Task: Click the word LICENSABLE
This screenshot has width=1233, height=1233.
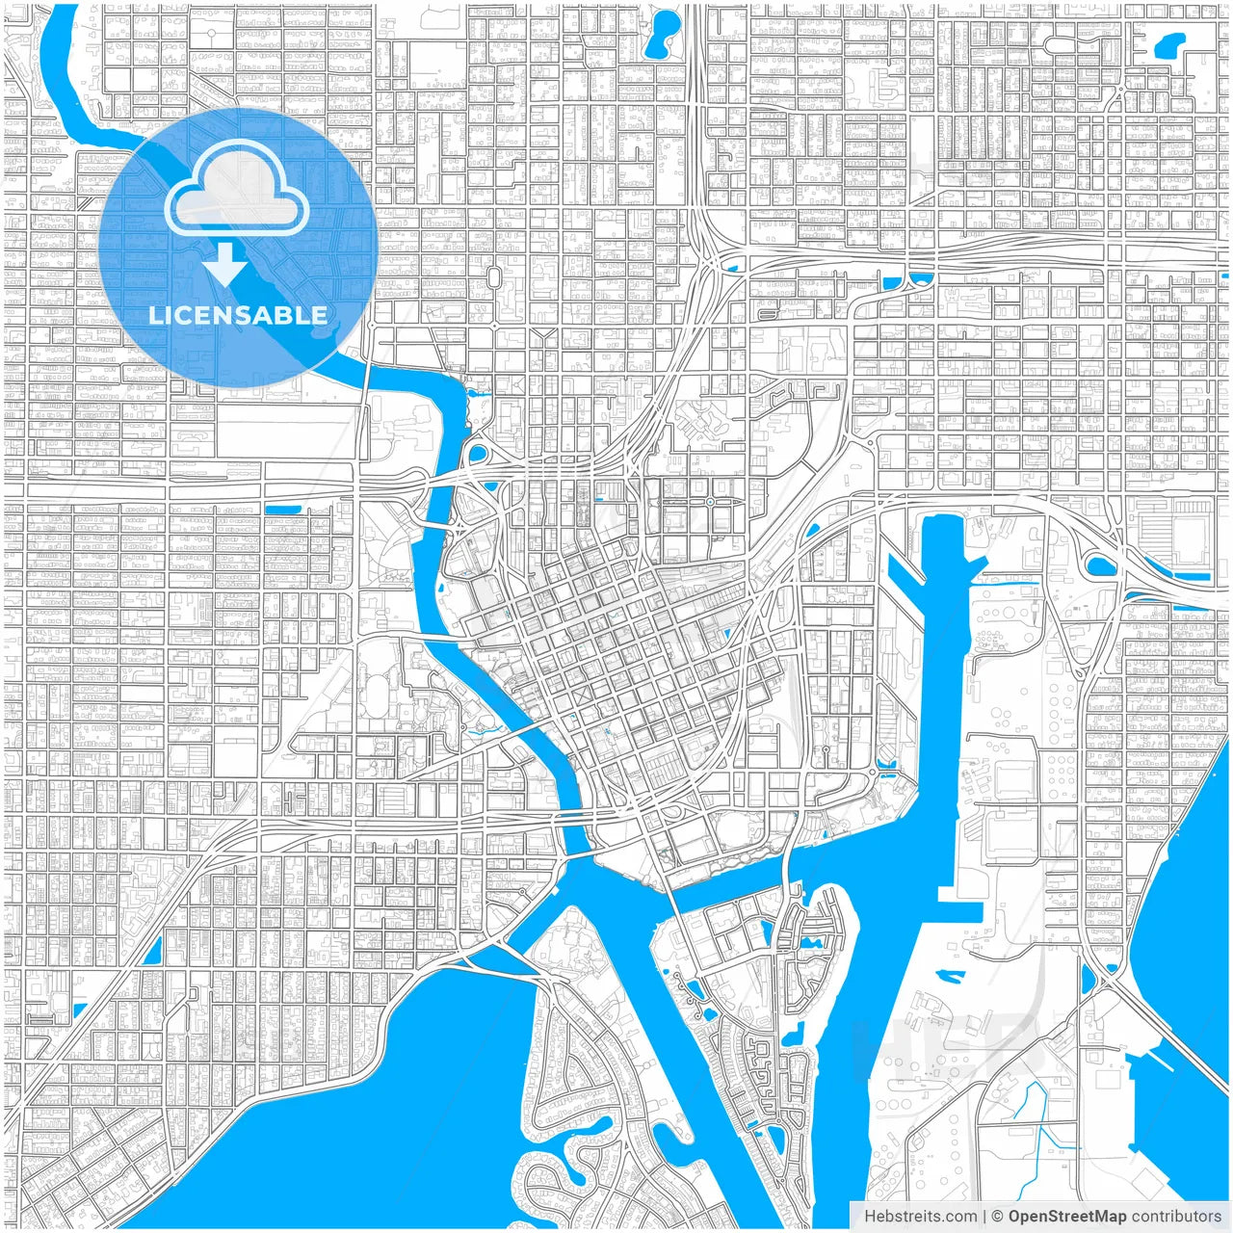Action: pyautogui.click(x=238, y=315)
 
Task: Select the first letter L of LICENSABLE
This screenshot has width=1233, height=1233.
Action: pyautogui.click(x=154, y=315)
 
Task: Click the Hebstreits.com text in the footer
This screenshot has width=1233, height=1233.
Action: pyautogui.click(x=920, y=1216)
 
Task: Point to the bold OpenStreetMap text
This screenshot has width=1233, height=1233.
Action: pyautogui.click(x=1066, y=1216)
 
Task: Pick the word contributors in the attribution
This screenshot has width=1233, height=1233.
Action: pyautogui.click(x=1175, y=1216)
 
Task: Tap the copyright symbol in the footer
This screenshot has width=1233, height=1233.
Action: pyautogui.click(x=997, y=1216)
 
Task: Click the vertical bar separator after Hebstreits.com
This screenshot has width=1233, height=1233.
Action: pyautogui.click(x=984, y=1216)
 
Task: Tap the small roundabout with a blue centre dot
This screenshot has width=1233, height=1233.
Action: pyautogui.click(x=710, y=502)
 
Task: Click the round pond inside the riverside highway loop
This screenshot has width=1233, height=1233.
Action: pyautogui.click(x=476, y=453)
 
